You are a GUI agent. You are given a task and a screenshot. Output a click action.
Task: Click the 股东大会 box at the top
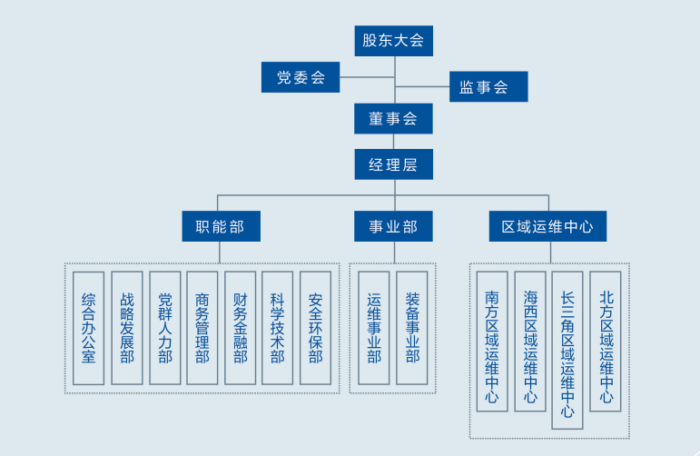(x=393, y=40)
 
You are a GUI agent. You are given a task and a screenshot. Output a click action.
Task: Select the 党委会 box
(x=301, y=77)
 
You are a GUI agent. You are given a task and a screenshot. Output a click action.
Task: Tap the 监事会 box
(x=488, y=87)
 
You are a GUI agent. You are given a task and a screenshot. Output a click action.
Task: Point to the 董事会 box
(x=393, y=119)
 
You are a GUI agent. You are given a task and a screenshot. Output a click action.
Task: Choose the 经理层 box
(x=393, y=164)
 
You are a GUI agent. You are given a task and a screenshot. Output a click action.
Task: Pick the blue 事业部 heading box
(x=393, y=226)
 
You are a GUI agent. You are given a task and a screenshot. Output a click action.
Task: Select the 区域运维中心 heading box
(x=547, y=226)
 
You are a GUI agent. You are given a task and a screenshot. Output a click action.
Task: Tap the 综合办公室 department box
(x=88, y=328)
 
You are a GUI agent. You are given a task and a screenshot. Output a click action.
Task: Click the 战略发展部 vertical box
(x=126, y=328)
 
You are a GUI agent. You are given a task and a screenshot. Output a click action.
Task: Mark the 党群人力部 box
(x=164, y=328)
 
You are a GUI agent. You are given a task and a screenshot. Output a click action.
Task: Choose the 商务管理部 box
(x=202, y=328)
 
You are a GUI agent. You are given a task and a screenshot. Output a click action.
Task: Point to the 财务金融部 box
(x=240, y=328)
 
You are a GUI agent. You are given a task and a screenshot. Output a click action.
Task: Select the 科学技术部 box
(x=277, y=328)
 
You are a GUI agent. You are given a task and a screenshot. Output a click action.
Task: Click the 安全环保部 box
(x=315, y=328)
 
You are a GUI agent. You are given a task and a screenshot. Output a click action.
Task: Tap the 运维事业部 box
(x=374, y=328)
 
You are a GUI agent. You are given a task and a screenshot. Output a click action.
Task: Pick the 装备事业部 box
(x=412, y=328)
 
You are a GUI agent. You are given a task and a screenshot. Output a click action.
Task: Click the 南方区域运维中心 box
(x=492, y=341)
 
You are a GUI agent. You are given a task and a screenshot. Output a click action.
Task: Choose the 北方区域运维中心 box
(x=606, y=341)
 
